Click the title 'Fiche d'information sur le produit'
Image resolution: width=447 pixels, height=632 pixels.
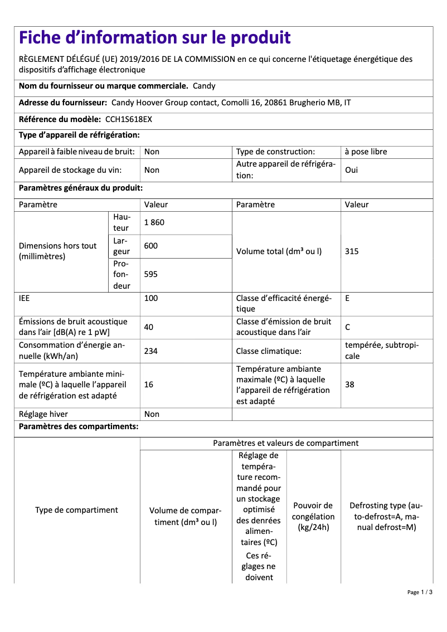154,38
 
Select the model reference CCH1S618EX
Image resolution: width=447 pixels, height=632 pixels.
128,119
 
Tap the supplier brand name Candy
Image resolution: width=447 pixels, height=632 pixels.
204,86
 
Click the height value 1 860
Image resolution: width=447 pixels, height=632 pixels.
154,222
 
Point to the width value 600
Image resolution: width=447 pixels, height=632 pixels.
151,246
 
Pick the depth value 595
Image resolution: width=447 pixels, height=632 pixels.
151,274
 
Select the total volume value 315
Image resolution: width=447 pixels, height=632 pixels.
352,251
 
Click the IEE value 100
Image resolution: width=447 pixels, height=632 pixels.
151,298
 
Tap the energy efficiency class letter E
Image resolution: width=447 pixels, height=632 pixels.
347,298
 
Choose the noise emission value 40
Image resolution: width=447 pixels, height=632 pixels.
149,327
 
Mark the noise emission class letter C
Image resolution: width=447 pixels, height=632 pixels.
348,327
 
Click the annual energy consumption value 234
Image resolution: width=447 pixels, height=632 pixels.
151,351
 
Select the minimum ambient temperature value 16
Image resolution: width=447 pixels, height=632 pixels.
149,385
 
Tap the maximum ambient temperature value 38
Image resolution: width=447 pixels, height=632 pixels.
349,385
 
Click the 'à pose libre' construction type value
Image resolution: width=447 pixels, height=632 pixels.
366,152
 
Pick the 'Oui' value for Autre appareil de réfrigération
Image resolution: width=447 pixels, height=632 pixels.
352,170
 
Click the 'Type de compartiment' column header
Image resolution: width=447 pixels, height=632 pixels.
76,510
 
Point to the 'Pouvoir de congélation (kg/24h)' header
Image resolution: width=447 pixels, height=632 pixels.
313,517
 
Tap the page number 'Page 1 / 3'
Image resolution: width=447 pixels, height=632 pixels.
420,592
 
